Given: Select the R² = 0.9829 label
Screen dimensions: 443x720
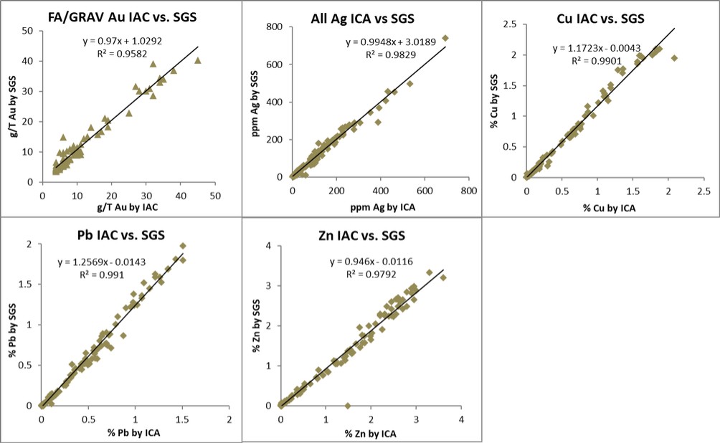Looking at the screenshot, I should [387, 54].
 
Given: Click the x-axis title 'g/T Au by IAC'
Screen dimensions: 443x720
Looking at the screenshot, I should [118, 208].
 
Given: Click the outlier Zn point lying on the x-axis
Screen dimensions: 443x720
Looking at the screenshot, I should [348, 405].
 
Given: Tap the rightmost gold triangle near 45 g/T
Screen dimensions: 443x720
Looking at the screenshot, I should [198, 61].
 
